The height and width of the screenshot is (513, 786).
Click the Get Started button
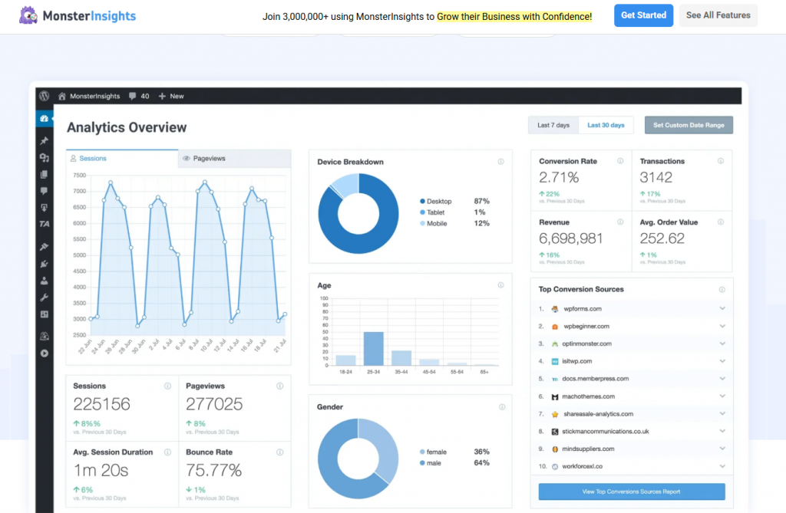[643, 15]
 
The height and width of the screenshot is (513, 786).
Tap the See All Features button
[718, 15]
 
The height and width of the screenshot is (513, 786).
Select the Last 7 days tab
[553, 125]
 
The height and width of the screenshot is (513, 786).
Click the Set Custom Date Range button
[689, 125]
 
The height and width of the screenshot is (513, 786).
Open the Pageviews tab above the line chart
[209, 159]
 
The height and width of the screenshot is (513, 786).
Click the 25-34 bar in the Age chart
[374, 348]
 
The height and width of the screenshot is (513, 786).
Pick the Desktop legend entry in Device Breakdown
[439, 201]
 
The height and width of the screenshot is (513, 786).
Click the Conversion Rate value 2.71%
[559, 177]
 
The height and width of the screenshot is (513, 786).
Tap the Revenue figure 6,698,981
[570, 238]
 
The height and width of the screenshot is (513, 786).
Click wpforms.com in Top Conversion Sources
[582, 308]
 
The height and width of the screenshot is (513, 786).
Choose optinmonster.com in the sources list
[587, 344]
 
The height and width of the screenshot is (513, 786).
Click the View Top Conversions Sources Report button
[632, 492]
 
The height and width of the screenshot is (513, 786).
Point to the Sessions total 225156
[101, 403]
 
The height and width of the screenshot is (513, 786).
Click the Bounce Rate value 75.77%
[213, 470]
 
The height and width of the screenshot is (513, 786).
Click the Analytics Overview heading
[127, 127]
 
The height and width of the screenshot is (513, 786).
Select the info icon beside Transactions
[721, 161]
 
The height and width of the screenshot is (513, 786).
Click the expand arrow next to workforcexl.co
[722, 466]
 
